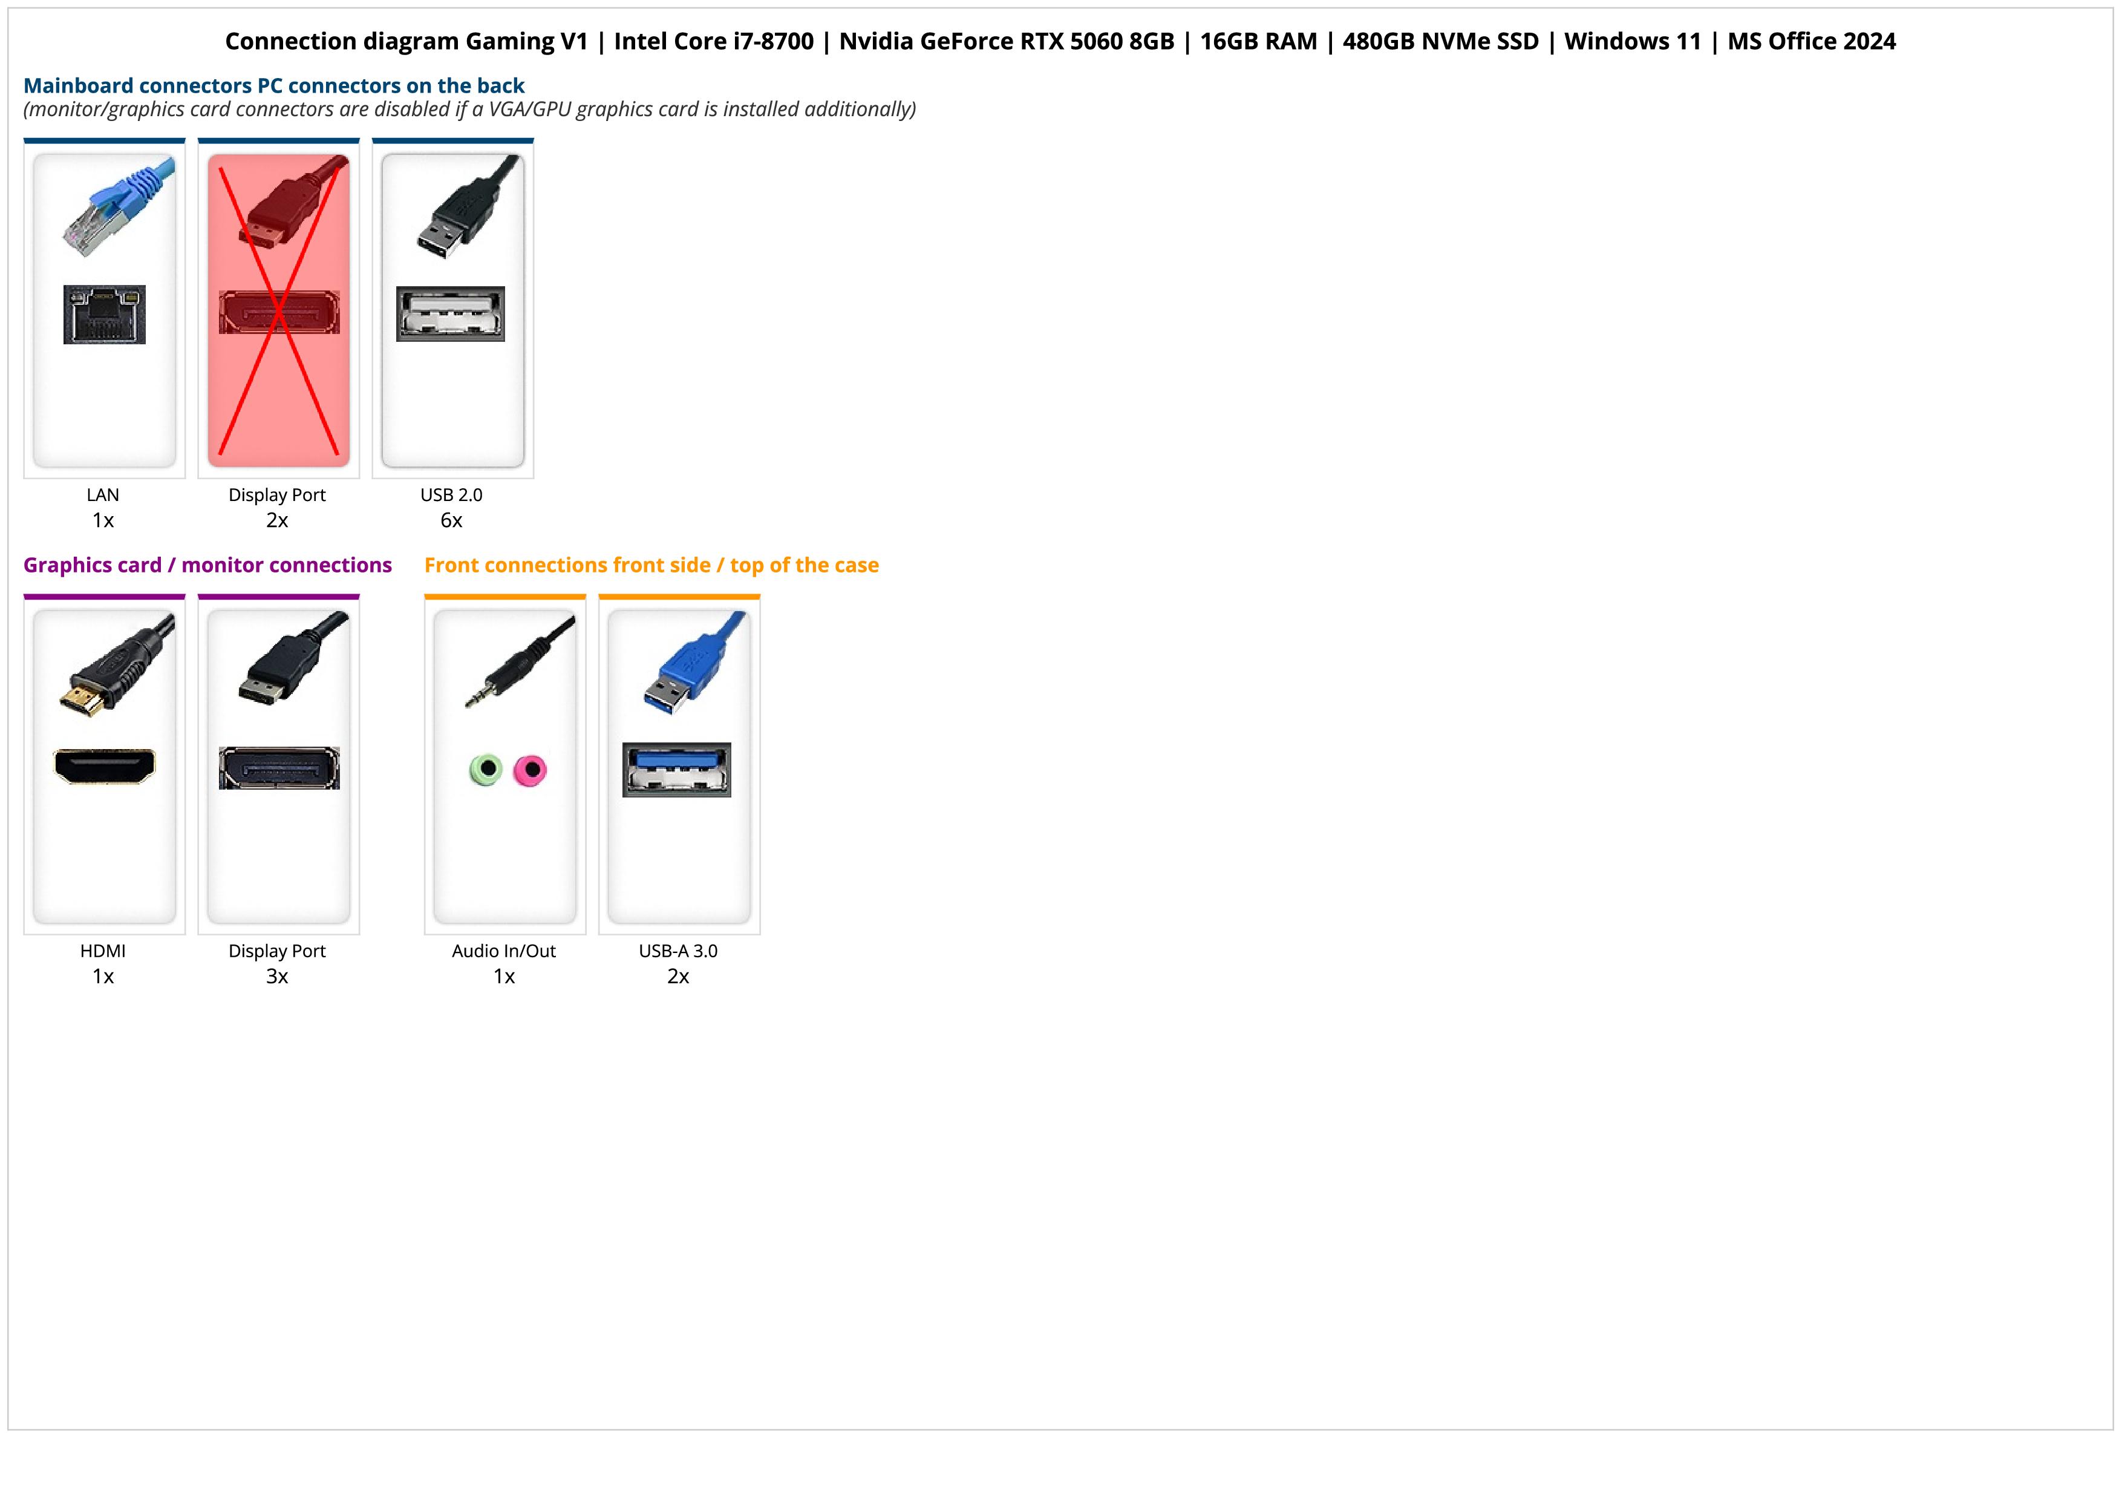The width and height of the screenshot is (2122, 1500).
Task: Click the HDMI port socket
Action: coord(105,766)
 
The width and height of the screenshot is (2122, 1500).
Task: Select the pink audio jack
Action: coord(530,769)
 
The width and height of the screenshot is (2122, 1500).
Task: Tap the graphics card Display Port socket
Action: coord(279,768)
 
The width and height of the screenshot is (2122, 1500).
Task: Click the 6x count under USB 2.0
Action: coord(451,520)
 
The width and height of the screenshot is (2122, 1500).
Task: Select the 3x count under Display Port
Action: coord(277,977)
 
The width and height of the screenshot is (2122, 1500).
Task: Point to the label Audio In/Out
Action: coord(504,951)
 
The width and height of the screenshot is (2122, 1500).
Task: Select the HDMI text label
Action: coord(103,951)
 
